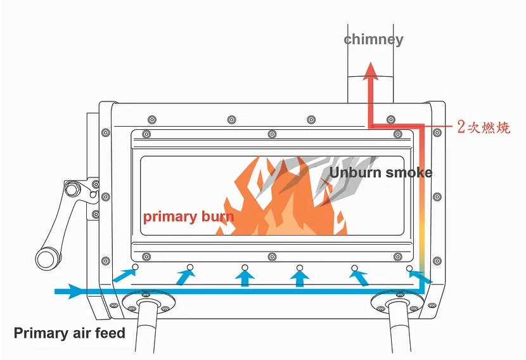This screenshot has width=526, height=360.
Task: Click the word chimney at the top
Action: click(373, 39)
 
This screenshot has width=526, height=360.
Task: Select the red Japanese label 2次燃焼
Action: click(484, 127)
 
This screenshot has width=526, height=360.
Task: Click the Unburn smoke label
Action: click(380, 172)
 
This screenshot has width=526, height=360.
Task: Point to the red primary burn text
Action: click(188, 217)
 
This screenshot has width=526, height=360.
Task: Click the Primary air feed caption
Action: click(70, 333)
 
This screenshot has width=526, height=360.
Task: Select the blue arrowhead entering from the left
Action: click(75, 292)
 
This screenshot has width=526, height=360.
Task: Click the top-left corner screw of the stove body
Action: click(106, 132)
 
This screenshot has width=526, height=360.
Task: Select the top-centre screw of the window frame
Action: click(272, 133)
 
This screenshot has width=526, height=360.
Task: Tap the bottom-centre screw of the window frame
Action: click(272, 256)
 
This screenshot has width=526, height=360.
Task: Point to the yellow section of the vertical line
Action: click(420, 244)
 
